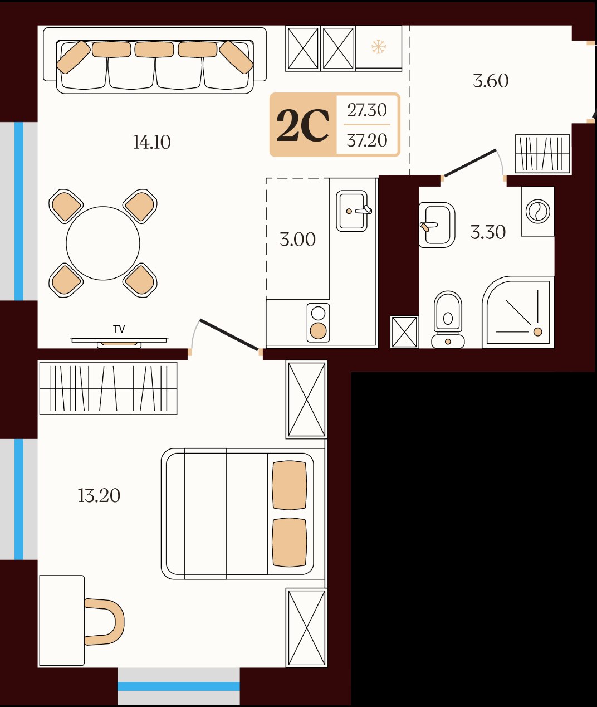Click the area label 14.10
[151, 142]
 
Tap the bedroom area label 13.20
[99, 495]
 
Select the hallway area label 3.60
[491, 81]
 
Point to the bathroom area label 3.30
[488, 232]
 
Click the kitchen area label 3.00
[297, 240]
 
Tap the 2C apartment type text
[302, 125]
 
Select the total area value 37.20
[367, 140]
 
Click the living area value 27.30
[367, 110]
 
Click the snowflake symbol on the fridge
[379, 47]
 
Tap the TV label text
[119, 329]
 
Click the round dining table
[103, 243]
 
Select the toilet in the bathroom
[448, 320]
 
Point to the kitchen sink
[352, 211]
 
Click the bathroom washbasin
[437, 225]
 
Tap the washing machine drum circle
[538, 211]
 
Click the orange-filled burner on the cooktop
[318, 331]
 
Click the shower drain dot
[538, 332]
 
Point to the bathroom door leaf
[470, 163]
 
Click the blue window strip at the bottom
[179, 686]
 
